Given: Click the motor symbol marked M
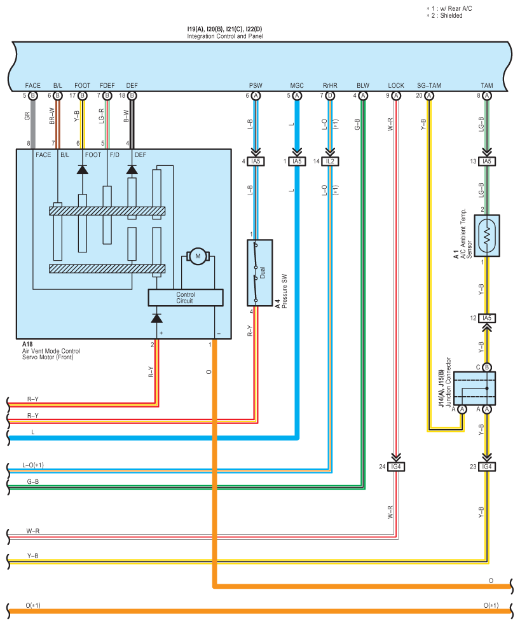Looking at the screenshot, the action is [198, 256].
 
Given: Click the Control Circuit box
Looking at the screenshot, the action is [185, 298].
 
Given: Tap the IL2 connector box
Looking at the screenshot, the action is [330, 161].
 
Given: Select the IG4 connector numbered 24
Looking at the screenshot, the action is [395, 467].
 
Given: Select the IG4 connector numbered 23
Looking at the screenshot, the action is [486, 467].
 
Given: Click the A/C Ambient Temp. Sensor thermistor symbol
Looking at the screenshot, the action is [486, 236].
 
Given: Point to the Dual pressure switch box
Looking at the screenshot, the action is [260, 273].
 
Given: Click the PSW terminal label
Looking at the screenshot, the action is [256, 86].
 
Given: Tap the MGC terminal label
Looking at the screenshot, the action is [297, 86].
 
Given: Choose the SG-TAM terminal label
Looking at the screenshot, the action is [429, 86].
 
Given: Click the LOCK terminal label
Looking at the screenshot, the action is [396, 86].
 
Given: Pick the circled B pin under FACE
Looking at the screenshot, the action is [32, 95].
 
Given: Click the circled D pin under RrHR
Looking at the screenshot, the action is [330, 95].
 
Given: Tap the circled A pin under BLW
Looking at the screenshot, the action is [362, 95].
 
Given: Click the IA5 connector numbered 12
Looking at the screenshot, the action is [486, 318].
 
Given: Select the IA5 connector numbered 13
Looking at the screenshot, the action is [486, 161].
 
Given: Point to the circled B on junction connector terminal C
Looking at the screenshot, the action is [486, 367].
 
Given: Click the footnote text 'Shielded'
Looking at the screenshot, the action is [451, 15].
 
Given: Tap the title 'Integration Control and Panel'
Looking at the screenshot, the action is [225, 36].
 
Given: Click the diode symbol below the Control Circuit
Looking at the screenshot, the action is [156, 318].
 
